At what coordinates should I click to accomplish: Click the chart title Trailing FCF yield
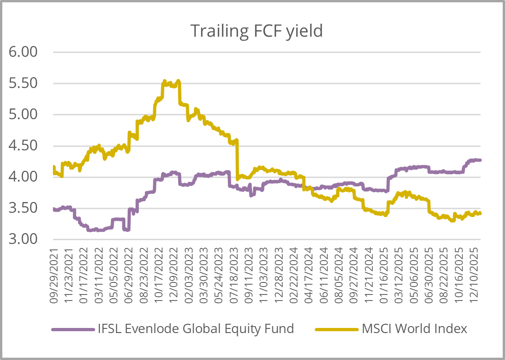pos(256,31)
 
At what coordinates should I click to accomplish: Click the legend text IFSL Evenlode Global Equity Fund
pos(195,329)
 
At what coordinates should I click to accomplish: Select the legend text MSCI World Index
pos(415,329)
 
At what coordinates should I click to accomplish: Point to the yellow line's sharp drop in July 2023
pos(237,158)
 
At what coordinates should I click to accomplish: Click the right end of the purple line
pos(480,160)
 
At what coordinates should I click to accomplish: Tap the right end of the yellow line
pos(480,213)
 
